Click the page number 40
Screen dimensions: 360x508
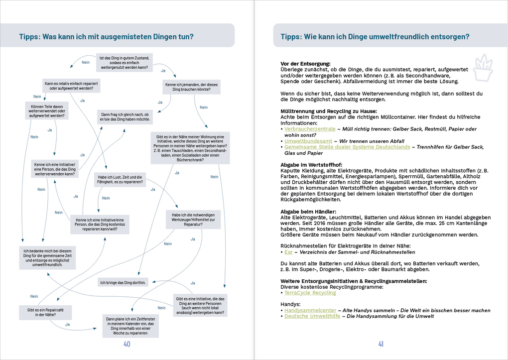click(x=127, y=344)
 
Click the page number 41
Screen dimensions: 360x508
click(x=381, y=344)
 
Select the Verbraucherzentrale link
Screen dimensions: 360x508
click(x=310, y=129)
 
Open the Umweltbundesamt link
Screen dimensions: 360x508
click(x=305, y=141)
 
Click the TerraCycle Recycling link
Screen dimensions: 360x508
click(x=310, y=293)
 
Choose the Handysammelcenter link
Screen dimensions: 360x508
click(x=310, y=310)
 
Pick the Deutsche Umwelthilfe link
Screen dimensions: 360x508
click(x=312, y=316)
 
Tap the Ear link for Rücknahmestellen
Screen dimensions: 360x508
click(x=288, y=252)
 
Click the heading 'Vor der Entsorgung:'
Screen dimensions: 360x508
click(x=305, y=64)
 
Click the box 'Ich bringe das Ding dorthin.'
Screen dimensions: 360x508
click(x=123, y=283)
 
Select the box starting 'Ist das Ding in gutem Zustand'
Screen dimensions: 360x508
click(x=124, y=62)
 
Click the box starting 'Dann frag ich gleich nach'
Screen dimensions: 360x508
click(x=125, y=117)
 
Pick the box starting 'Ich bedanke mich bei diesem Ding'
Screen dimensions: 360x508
click(x=48, y=257)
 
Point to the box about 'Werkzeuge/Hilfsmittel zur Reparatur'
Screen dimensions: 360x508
click(x=193, y=219)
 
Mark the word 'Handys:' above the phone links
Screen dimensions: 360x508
click(x=290, y=304)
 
